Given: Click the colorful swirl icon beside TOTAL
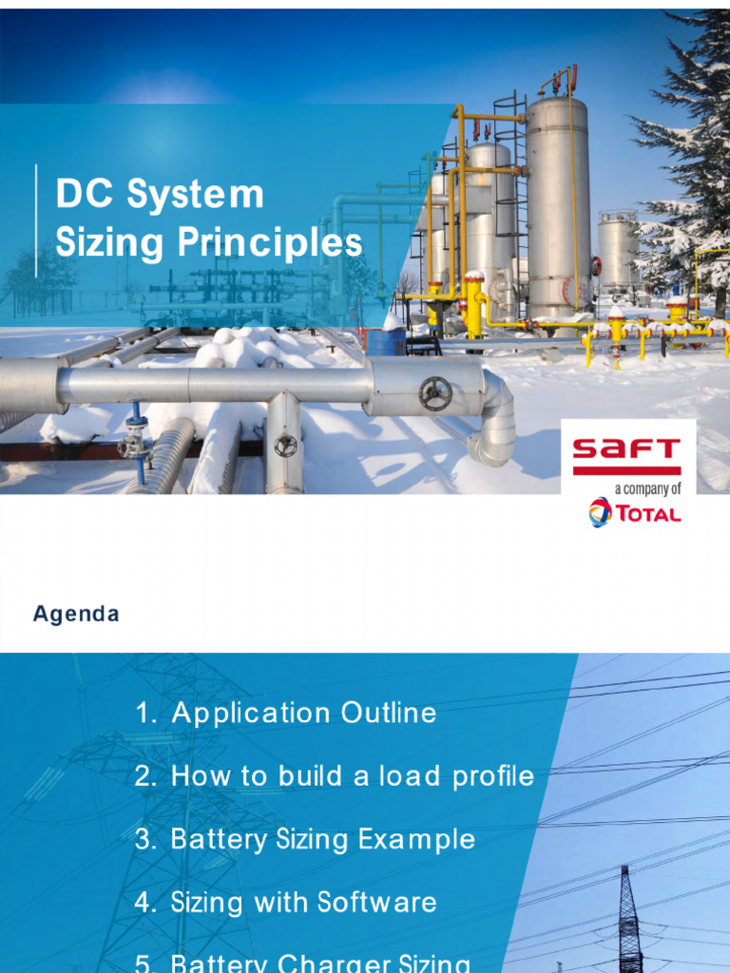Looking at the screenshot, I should pos(600,512).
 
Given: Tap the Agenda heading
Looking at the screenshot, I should pos(76,614).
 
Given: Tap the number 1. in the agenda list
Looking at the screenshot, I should pos(146,713).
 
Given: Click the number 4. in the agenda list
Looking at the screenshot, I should pos(145,902).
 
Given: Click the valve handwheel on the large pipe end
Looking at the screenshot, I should pos(435,393).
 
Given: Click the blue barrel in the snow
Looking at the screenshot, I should pos(386,341).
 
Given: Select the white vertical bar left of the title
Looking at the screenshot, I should pos(37,219).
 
